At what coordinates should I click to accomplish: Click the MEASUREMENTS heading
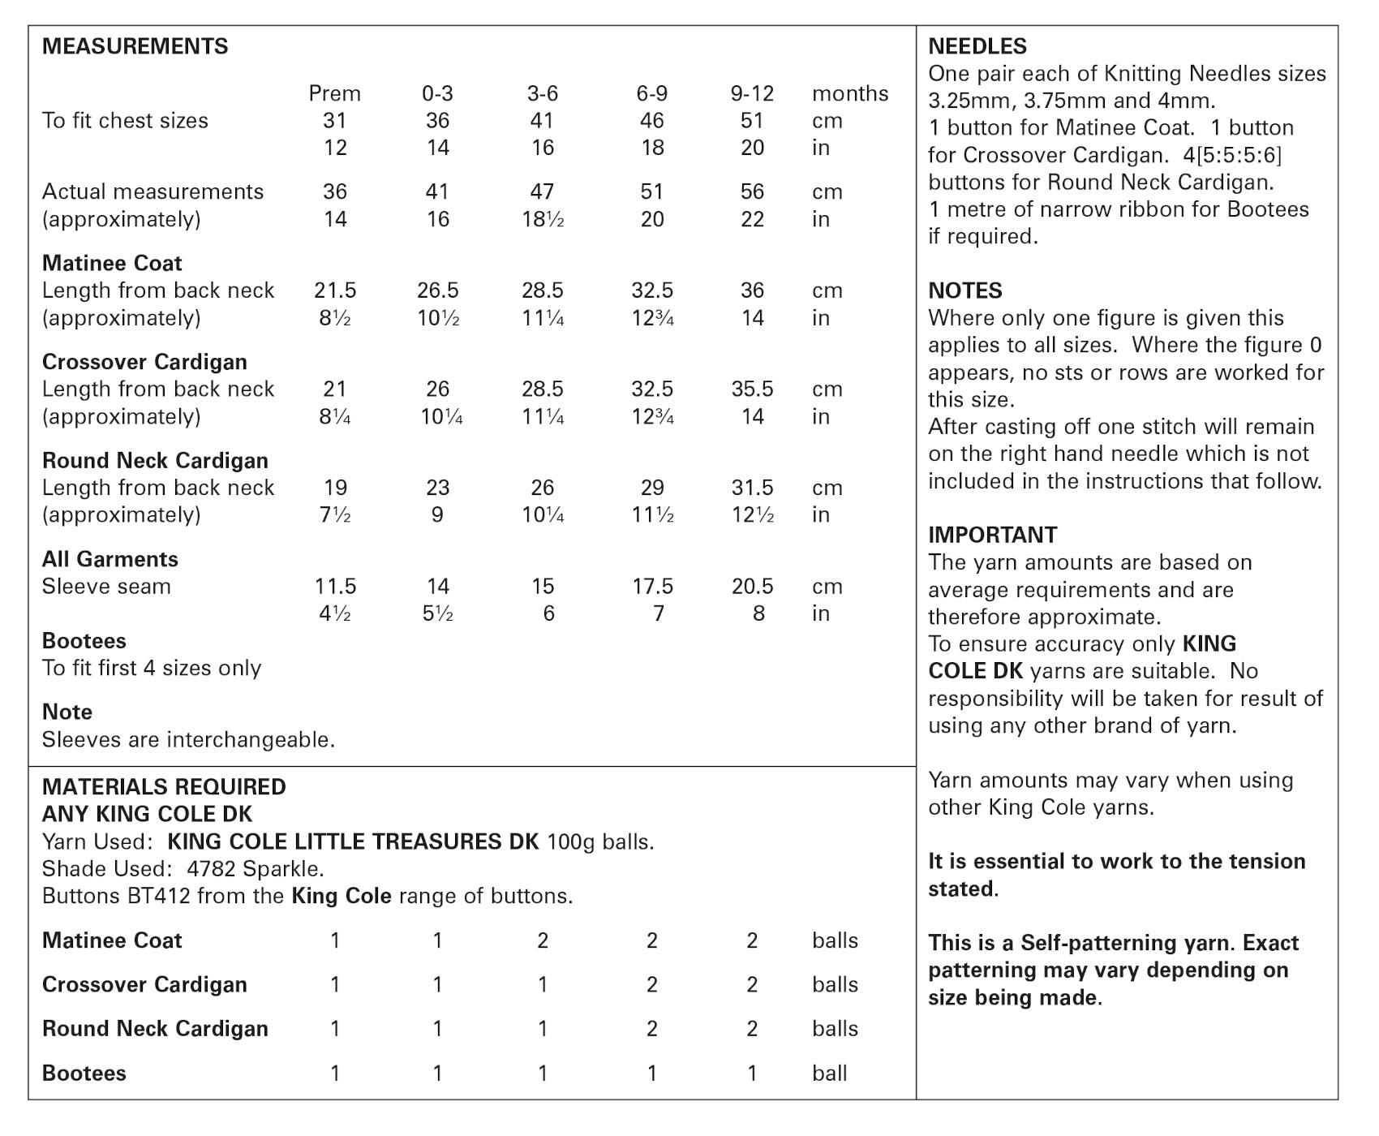click(135, 46)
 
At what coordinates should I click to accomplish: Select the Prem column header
click(334, 93)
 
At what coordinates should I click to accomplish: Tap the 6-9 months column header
click(651, 93)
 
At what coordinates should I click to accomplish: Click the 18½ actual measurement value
click(543, 219)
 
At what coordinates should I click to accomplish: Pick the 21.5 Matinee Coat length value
click(334, 290)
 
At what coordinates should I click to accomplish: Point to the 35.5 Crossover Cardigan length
click(752, 389)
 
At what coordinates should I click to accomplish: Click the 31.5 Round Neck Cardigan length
click(752, 488)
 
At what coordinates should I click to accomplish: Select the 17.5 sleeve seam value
click(652, 587)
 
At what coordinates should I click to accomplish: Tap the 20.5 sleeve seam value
click(752, 587)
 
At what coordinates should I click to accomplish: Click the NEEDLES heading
click(977, 46)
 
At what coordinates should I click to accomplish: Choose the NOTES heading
click(965, 290)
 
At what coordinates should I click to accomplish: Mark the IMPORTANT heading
click(993, 535)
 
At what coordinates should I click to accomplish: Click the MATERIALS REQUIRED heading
click(164, 787)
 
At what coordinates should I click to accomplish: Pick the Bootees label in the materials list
click(84, 1074)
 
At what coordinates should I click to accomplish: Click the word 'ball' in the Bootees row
click(829, 1074)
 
